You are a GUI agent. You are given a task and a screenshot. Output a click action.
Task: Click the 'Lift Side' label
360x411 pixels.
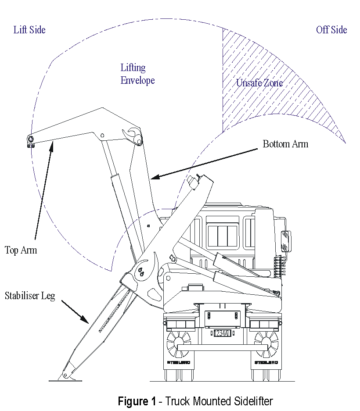[29, 30]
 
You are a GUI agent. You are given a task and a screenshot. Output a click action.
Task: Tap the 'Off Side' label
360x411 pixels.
[331, 30]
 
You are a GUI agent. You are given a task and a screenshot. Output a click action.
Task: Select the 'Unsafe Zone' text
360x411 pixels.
[259, 83]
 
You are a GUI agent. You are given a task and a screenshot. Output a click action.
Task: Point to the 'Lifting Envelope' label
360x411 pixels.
[137, 74]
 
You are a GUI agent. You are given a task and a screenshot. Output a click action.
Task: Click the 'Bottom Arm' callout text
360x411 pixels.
[285, 144]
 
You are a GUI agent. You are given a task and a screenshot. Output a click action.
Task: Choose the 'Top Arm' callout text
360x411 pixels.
[21, 250]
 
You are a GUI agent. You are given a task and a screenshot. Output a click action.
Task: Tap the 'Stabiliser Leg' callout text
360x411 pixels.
[30, 296]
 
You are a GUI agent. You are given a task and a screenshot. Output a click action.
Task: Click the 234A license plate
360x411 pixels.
[222, 333]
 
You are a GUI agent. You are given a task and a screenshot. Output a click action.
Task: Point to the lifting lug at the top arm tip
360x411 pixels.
[31, 140]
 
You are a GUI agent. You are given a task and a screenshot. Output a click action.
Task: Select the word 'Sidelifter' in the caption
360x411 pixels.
[252, 401]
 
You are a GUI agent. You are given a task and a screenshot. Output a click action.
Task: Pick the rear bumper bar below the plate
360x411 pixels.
[222, 347]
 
